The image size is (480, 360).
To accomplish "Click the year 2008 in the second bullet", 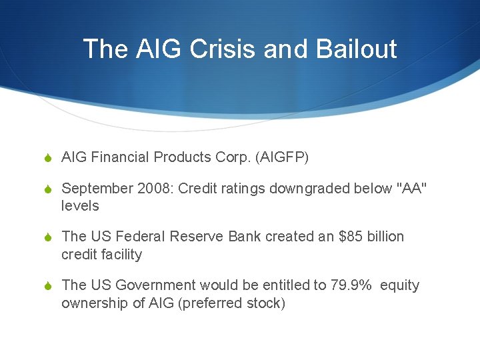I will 152,189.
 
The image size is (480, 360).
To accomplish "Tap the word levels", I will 80,206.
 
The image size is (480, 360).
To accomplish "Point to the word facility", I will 121,254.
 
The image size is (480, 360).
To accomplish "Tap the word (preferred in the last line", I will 215,303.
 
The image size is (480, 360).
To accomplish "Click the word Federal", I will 141,237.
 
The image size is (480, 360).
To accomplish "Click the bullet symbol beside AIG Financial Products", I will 46,158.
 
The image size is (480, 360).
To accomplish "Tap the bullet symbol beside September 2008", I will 46,189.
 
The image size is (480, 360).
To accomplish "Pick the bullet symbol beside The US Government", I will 46,286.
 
